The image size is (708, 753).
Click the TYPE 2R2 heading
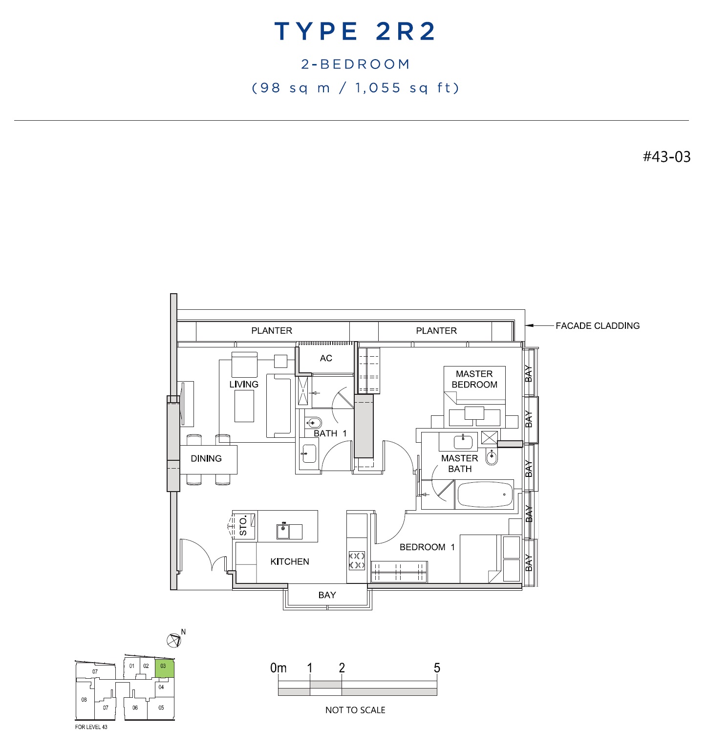pos(355,32)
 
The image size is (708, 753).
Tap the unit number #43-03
pos(666,157)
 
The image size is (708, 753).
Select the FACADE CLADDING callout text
pos(598,325)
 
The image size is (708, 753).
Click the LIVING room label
pos(244,384)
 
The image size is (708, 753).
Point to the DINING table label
pos(206,458)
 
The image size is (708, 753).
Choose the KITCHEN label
pos(290,561)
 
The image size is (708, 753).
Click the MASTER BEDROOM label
pos(474,379)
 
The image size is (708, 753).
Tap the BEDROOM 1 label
pos(427,547)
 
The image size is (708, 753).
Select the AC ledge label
pos(326,358)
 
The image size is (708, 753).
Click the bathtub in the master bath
pos(485,495)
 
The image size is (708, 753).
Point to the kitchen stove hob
pos(357,560)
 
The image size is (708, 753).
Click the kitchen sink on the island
pos(283,531)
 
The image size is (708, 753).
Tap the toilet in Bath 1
pos(313,423)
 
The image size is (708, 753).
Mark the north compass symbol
pos(174,640)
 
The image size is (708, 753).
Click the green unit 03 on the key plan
pos(164,668)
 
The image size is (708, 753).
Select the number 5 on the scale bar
pos(437,668)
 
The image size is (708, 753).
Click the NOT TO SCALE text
pos(355,710)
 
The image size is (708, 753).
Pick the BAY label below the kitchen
pos(327,595)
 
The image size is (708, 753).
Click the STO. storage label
pos(243,525)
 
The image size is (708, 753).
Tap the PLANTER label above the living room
pos(272,331)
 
